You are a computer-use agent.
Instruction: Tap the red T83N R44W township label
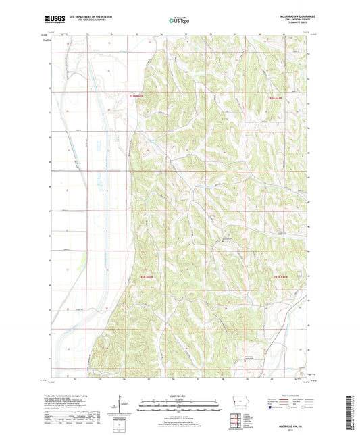coord(137,96)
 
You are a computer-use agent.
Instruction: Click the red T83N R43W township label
coord(276,99)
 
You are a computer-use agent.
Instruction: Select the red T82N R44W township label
coord(147,276)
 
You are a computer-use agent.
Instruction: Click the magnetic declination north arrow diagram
coord(126,405)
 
